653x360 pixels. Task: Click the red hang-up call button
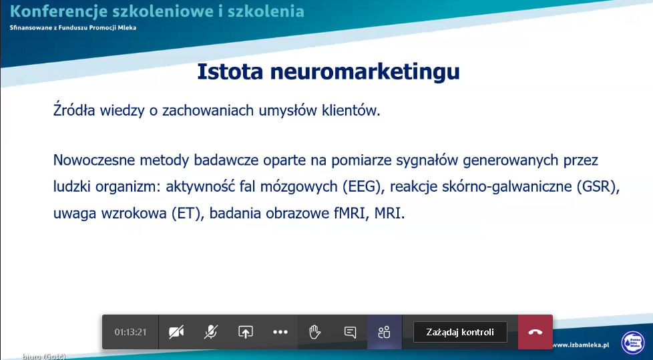pyautogui.click(x=535, y=332)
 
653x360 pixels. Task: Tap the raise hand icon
pyautogui.click(x=314, y=332)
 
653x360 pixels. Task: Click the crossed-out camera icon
pyautogui.click(x=176, y=332)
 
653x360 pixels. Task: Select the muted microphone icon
pyautogui.click(x=211, y=332)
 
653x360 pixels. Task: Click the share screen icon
pyautogui.click(x=245, y=332)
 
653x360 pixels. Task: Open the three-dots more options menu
pyautogui.click(x=280, y=332)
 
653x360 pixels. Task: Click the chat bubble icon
pyautogui.click(x=351, y=332)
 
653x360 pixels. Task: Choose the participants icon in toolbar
pyautogui.click(x=384, y=332)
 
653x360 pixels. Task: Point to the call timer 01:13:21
pyautogui.click(x=130, y=332)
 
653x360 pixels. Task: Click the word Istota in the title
pyautogui.click(x=230, y=71)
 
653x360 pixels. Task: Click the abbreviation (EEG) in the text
pyautogui.click(x=361, y=186)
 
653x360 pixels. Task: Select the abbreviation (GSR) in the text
pyautogui.click(x=596, y=186)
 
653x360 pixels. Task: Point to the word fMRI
pyautogui.click(x=351, y=213)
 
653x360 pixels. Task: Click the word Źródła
pyautogui.click(x=74, y=110)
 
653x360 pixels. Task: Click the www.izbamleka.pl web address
pyautogui.click(x=580, y=345)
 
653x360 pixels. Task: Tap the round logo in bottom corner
pyautogui.click(x=632, y=343)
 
